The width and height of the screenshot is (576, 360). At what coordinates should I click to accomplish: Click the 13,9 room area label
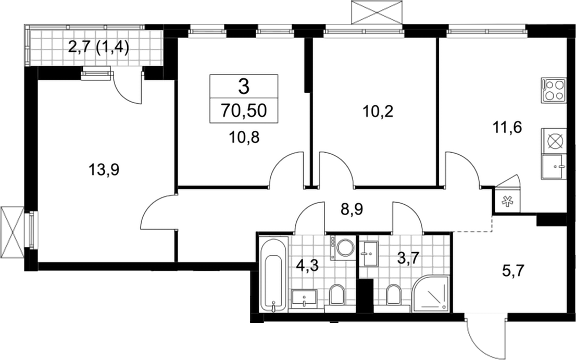[104, 170]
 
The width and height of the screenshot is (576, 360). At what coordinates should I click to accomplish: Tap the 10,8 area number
[244, 138]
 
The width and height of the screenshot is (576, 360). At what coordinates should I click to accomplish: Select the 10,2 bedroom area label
[378, 111]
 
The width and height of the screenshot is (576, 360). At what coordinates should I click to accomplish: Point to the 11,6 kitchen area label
[507, 128]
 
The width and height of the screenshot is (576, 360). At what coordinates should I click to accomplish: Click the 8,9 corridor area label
[352, 210]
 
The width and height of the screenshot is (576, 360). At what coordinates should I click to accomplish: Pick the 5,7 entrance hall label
[512, 271]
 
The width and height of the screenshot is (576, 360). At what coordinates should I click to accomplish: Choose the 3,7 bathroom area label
[408, 258]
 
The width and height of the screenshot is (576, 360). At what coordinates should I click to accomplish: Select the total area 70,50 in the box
[244, 110]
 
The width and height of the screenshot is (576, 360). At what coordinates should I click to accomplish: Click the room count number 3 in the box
[244, 86]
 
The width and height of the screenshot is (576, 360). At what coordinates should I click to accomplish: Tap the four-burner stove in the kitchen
[553, 90]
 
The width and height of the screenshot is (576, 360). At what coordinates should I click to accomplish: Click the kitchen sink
[553, 166]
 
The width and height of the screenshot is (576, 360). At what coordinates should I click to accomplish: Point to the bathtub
[273, 274]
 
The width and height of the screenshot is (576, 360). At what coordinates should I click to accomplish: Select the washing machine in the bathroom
[343, 248]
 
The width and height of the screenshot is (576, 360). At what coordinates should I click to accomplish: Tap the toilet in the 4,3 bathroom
[337, 295]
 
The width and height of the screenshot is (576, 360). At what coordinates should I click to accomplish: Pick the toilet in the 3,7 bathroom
[393, 294]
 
